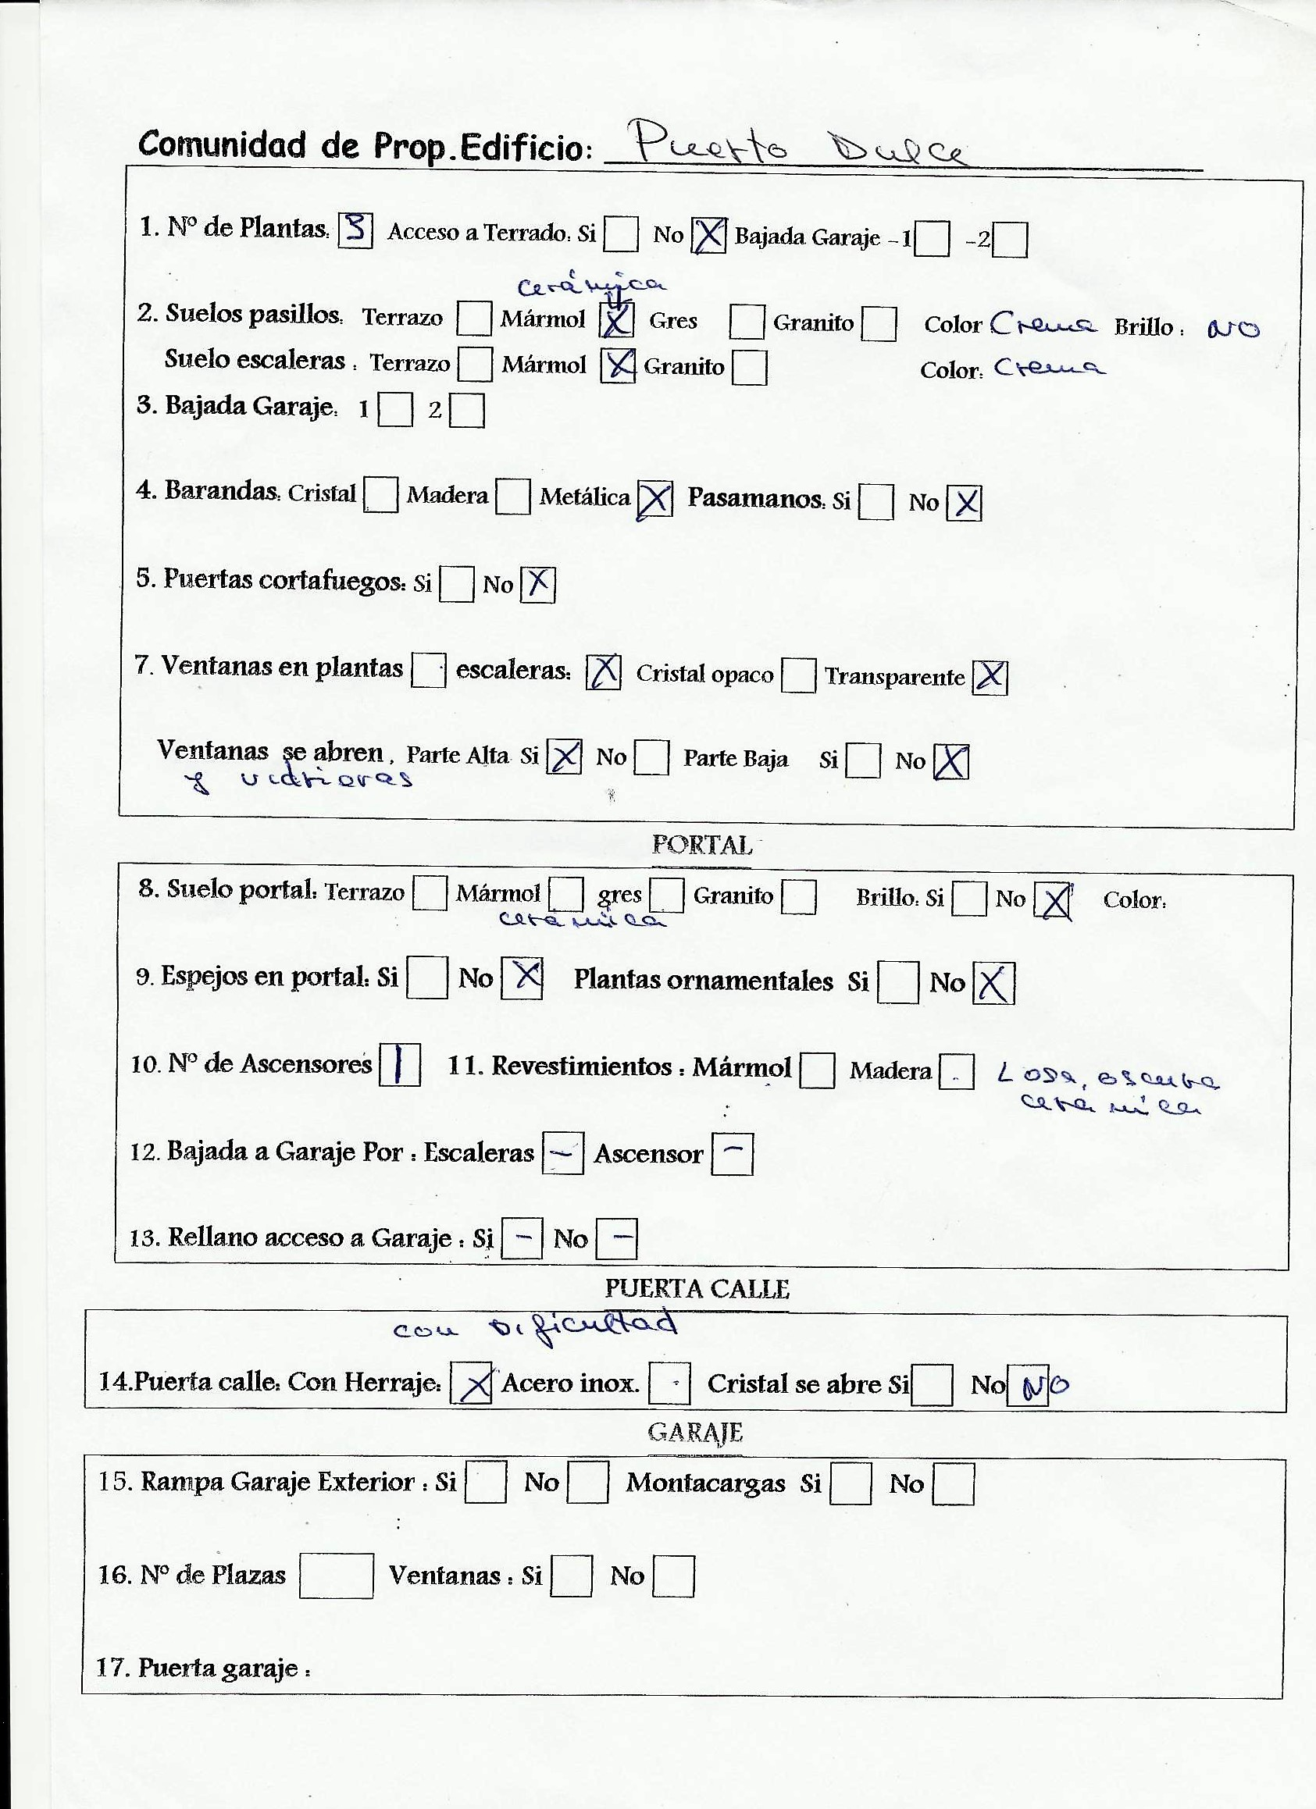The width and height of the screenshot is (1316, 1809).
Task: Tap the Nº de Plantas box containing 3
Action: coord(356,230)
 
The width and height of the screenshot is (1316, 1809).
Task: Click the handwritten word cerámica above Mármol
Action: coord(591,286)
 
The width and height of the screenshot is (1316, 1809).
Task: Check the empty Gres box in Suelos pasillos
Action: coord(746,322)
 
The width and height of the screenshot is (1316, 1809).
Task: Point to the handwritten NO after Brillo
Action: coord(1233,329)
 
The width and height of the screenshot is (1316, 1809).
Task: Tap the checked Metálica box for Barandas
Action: coord(654,501)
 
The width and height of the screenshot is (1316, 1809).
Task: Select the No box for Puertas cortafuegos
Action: coord(538,585)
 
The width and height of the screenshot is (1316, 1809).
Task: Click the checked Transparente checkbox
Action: coord(990,678)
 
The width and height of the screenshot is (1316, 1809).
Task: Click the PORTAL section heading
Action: coord(701,845)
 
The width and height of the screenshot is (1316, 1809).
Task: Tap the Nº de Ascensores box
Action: coord(400,1066)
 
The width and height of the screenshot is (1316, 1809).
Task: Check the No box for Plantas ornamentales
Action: coord(994,984)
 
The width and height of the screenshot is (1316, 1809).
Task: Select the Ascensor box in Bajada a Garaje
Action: coord(732,1153)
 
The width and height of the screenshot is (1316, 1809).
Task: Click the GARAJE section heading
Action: coord(695,1433)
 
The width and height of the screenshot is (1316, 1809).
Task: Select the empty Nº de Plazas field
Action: coord(336,1576)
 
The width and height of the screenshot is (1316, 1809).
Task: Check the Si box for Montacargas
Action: coord(850,1484)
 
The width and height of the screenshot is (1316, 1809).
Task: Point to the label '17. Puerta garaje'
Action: coord(204,1668)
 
